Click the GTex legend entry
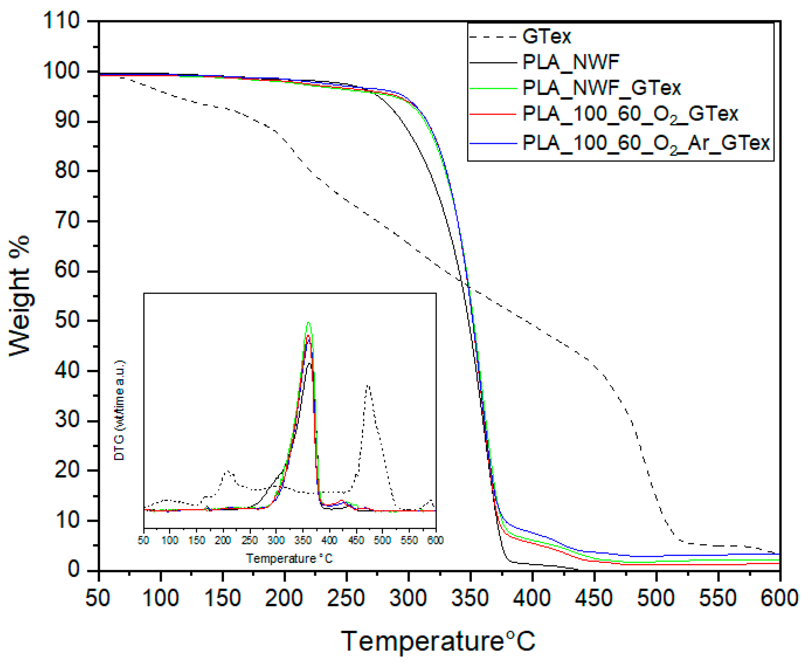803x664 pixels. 546,37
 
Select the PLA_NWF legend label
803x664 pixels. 571,62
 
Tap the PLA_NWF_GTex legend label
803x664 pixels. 602,88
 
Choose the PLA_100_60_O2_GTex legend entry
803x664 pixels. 630,114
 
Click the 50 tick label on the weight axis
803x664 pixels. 67,320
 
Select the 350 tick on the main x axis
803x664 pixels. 470,599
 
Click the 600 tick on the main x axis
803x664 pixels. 779,599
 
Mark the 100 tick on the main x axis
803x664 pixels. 161,599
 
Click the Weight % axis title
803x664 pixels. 19,296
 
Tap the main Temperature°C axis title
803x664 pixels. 438,641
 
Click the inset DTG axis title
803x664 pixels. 119,410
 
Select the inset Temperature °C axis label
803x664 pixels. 289,558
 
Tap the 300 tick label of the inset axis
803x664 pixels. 276,540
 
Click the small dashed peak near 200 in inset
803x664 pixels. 227,471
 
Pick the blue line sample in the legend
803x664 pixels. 493,143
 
